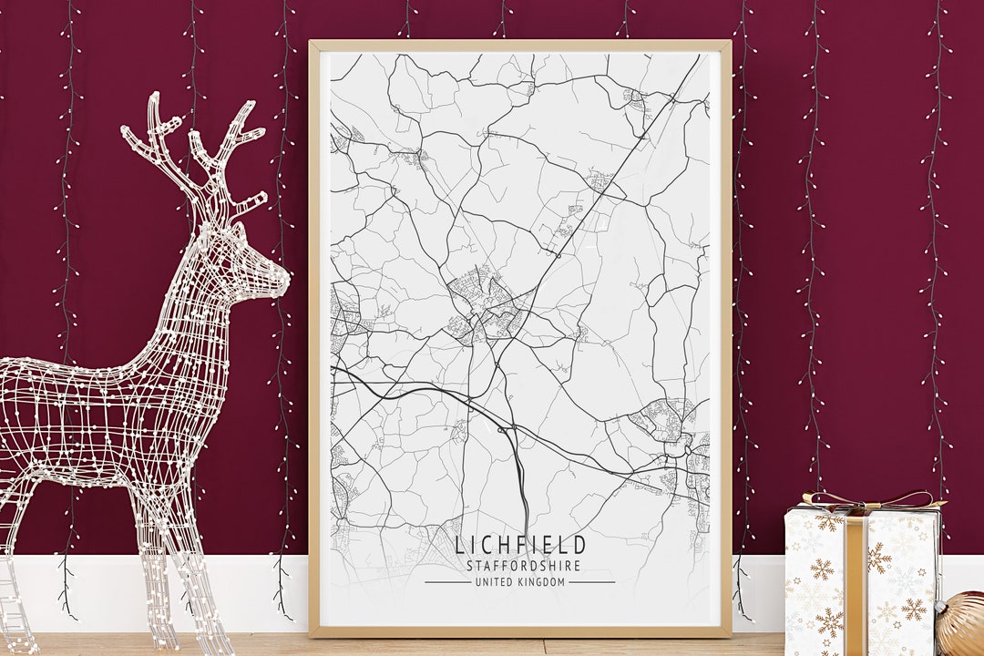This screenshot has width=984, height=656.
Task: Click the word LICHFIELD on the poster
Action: (x=520, y=546)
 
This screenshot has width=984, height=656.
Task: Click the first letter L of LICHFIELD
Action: (x=459, y=546)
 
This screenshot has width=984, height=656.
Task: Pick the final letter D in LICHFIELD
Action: (x=580, y=546)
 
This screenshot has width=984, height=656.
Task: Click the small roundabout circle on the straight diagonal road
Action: (x=557, y=256)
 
